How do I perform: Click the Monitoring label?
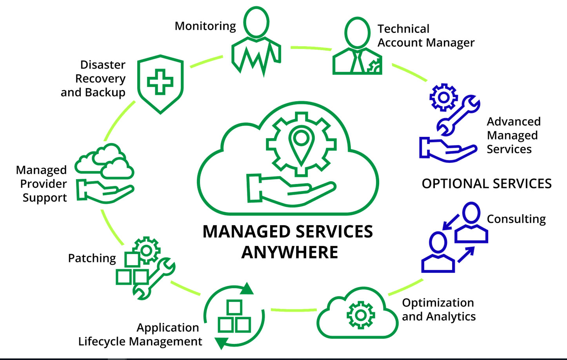tap(205, 26)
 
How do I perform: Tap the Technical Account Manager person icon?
tap(357, 47)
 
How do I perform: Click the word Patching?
tap(92, 258)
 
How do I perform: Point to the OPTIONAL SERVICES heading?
tap(486, 184)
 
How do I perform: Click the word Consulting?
tap(516, 219)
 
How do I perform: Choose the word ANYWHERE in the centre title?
tap(290, 252)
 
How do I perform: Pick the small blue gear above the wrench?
tap(443, 96)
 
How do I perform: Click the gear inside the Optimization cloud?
tap(360, 315)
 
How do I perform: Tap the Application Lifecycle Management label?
tap(140, 335)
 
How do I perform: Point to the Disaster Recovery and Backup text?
tap(93, 78)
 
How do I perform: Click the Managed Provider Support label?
tap(42, 184)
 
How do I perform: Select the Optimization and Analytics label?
tap(438, 309)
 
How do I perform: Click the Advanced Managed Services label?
tap(513, 135)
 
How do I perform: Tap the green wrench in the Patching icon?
tap(154, 278)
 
